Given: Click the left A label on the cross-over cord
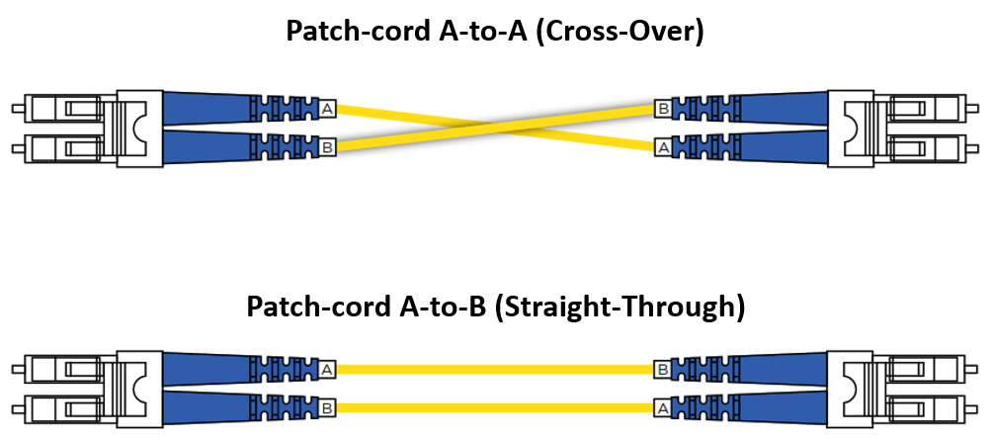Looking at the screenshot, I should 328,107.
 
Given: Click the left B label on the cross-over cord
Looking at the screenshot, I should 328,148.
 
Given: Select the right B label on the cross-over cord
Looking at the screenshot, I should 663,107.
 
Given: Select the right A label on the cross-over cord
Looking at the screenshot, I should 663,148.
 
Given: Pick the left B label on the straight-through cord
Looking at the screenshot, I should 328,406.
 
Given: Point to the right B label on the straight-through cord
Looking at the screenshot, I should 663,369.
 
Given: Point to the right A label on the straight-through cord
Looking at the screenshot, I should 663,406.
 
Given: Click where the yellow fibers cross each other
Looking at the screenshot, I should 496,128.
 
